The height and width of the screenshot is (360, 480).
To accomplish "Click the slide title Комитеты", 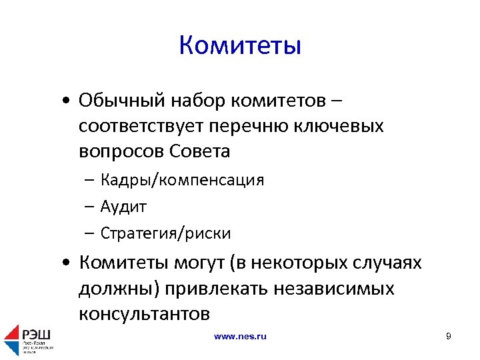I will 240,46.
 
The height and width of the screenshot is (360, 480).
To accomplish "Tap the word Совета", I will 201,151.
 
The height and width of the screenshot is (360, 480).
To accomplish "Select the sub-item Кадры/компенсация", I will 182,180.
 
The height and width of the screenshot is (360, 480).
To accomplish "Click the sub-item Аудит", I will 123,207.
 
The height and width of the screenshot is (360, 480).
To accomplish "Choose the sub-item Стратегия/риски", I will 165,233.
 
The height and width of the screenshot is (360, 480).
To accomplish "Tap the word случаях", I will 387,263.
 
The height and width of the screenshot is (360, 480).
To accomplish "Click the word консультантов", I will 144,313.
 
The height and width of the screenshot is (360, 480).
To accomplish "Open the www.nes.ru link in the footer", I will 240,337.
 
